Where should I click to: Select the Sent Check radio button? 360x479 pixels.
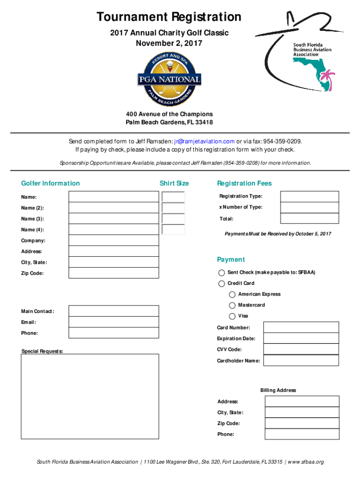[221, 273]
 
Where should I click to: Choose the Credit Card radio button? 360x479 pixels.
[221, 283]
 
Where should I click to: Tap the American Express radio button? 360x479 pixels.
[232, 294]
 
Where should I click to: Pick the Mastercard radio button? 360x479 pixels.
[232, 305]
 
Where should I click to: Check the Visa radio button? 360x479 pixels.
[232, 316]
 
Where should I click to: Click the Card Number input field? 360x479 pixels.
[301, 327]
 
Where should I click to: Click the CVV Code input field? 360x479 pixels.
[301, 349]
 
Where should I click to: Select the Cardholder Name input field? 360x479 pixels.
[301, 361]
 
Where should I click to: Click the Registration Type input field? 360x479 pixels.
[310, 196]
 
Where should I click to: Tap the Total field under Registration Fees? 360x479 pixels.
[310, 218]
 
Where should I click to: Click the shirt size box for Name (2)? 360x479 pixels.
[173, 208]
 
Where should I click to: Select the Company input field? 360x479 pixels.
[114, 240]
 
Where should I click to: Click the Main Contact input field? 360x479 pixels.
[114, 311]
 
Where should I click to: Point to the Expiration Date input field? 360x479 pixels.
[301, 339]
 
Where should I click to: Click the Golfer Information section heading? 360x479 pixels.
[50, 183]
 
